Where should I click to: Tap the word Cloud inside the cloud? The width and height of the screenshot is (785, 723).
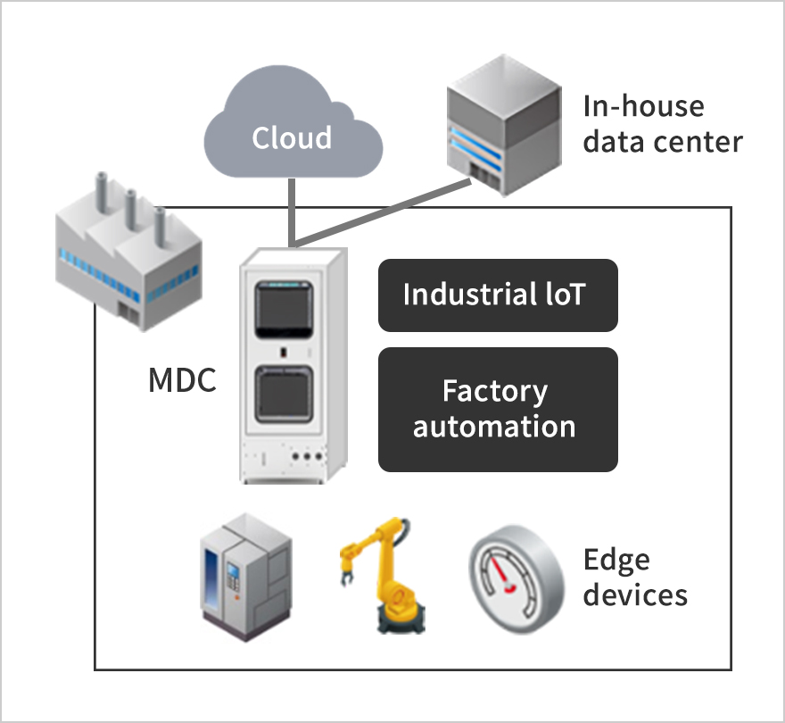[x=292, y=138]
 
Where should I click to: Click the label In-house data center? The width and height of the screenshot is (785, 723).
[x=662, y=124]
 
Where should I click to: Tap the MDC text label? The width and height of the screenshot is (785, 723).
[x=181, y=382]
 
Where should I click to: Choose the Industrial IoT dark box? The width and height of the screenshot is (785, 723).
[x=498, y=295]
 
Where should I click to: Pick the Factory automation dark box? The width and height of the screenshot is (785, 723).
[x=498, y=409]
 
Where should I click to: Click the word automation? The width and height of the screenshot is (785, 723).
[x=494, y=426]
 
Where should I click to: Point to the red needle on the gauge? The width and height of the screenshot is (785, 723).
[x=509, y=586]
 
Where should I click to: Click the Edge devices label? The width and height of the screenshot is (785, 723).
[x=635, y=577]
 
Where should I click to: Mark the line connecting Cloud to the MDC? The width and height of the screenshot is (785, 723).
[x=291, y=210]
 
